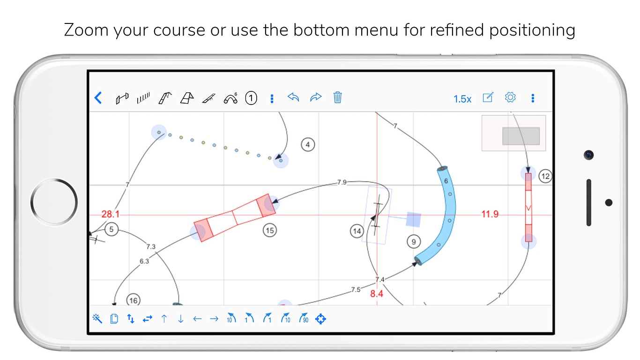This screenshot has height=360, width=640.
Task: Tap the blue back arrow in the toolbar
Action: coord(98,98)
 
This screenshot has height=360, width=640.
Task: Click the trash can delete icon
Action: coord(337,97)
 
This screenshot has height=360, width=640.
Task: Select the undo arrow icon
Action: coord(293,97)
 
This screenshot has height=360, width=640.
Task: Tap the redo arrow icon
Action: coord(316,97)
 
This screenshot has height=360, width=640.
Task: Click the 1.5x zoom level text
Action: coord(462,99)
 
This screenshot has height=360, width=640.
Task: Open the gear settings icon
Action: coord(510,97)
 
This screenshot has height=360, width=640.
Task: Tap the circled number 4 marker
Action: coord(308,145)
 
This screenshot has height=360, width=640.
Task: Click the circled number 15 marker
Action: coord(269,230)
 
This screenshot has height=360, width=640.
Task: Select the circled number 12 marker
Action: coord(545,176)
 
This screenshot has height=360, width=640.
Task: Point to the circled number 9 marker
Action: coord(414,242)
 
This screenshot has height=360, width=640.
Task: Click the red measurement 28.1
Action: coord(111,214)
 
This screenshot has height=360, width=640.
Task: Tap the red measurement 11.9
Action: coord(490,214)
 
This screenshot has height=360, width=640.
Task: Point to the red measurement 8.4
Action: coord(377,294)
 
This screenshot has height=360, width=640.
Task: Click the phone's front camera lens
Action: coord(589,155)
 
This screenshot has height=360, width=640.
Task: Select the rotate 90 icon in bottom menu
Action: coord(304,319)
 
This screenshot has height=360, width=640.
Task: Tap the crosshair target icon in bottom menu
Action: coord(320,319)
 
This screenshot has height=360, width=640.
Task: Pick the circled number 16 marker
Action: coord(134,300)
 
